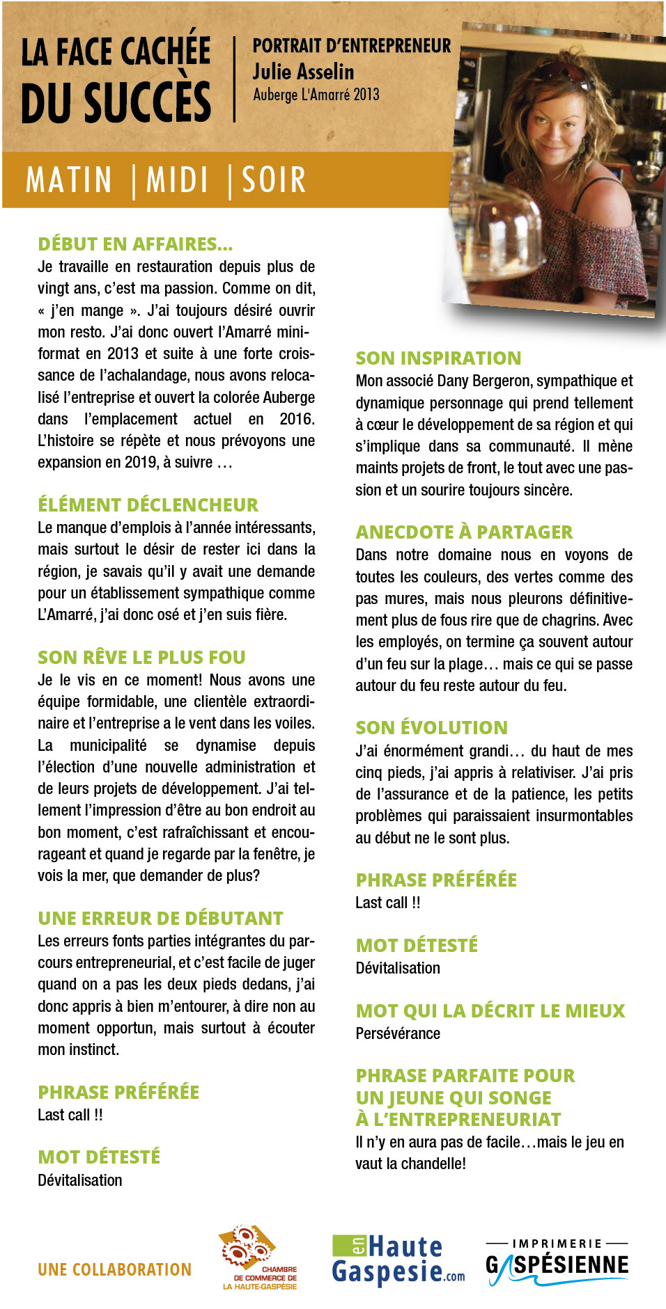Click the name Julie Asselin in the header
(303, 72)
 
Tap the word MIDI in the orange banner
(178, 180)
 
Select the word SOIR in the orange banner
(274, 180)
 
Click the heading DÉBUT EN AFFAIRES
(135, 244)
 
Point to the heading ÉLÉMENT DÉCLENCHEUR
(148, 505)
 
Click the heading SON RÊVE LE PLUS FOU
(141, 657)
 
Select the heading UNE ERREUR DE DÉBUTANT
(160, 918)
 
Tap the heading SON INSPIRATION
(438, 358)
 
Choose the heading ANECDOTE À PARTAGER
(464, 532)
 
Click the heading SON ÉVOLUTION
(431, 727)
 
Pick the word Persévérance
(398, 1033)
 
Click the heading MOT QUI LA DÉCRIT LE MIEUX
(490, 1010)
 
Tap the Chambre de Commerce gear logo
(256, 1257)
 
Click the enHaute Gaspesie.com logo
(398, 1260)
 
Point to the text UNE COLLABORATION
(114, 1269)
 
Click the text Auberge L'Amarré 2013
(316, 95)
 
